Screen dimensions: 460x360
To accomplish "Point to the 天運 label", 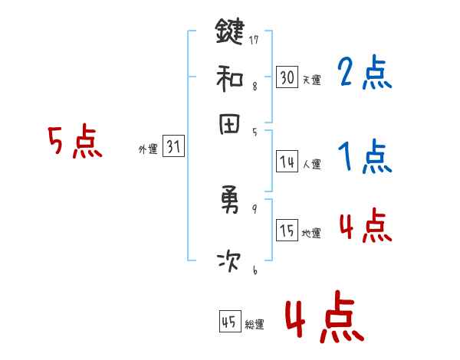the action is click(x=311, y=80).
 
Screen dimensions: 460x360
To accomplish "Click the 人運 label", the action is click(x=311, y=164).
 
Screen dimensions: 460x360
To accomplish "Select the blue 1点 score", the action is click(x=364, y=157).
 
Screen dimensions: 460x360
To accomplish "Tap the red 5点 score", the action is click(x=74, y=143).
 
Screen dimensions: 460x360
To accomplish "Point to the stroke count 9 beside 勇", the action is click(x=254, y=208).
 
